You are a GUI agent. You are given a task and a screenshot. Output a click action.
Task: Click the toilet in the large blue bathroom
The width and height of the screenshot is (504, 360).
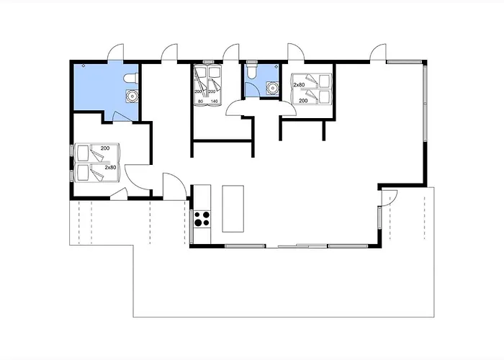(x=131, y=78)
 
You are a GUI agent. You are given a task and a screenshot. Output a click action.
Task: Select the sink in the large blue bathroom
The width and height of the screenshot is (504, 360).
(x=132, y=96)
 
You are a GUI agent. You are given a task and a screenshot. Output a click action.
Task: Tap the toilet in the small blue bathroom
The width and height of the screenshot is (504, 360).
(x=252, y=71)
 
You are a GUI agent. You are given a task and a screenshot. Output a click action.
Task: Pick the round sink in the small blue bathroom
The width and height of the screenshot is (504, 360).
(x=273, y=87)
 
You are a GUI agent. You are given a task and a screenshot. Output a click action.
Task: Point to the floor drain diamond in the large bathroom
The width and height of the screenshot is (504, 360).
(x=84, y=66)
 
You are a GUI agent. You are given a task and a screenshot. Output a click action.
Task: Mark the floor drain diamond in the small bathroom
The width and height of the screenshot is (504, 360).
(x=276, y=66)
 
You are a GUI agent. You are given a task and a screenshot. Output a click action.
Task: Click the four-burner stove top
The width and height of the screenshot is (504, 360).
(x=202, y=219)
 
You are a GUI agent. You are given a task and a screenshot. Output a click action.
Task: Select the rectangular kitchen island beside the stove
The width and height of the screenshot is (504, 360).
(x=233, y=209)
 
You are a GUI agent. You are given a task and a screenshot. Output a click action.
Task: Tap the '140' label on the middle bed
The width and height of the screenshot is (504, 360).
(x=214, y=102)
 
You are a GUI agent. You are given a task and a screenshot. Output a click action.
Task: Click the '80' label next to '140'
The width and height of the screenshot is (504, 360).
(x=201, y=102)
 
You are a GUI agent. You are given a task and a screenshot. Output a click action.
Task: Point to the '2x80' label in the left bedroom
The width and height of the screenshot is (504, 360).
(x=110, y=168)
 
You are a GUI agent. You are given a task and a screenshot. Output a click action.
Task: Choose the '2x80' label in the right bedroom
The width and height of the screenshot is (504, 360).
(x=299, y=85)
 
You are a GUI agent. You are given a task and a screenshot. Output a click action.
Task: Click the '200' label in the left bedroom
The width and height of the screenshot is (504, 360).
(x=105, y=148)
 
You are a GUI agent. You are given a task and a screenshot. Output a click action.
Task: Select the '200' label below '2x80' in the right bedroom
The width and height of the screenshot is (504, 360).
(x=303, y=101)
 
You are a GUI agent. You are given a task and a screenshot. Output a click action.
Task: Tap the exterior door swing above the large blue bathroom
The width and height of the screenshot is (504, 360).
(x=115, y=52)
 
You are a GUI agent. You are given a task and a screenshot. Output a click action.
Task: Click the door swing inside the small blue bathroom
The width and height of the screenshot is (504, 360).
(x=251, y=89)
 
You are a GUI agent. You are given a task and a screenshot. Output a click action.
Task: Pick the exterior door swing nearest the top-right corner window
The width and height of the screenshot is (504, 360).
(x=378, y=52)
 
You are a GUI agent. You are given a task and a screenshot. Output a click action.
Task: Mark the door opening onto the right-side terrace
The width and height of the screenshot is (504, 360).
(x=390, y=198)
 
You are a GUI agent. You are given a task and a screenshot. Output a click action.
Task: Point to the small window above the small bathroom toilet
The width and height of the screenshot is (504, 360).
(x=252, y=61)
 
